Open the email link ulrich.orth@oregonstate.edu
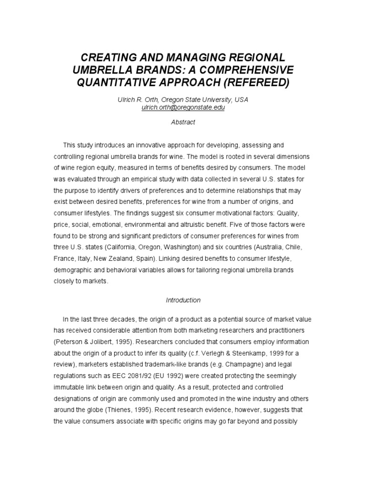pyautogui.click(x=183, y=108)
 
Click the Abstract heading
pyautogui.click(x=183, y=122)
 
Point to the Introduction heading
pyautogui.click(x=183, y=300)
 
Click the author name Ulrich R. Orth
pyautogui.click(x=139, y=100)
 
